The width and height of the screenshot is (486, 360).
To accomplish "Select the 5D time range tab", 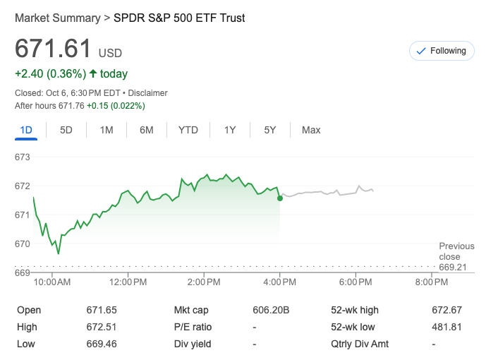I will point(66,130).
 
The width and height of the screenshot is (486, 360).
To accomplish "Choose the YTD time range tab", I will point(188,130).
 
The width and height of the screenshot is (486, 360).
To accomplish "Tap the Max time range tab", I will point(311,130).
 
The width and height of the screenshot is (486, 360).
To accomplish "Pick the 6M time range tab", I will point(147,130).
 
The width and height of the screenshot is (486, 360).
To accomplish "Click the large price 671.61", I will point(54,49).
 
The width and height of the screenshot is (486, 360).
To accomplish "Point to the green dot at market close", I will point(280,198).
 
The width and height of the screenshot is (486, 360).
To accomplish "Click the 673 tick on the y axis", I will point(23,157).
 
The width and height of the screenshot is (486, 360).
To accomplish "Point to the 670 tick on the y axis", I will point(23,244).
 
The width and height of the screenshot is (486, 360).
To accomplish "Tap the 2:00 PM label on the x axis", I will point(205,282).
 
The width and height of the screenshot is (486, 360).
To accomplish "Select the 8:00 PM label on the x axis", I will point(432,282).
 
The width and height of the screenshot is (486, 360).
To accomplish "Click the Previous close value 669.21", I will point(453,268).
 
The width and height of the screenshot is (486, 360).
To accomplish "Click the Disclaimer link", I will point(148,93).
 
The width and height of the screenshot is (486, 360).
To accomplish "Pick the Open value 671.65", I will point(101,310).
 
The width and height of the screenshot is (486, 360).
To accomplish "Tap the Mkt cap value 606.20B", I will point(271,310).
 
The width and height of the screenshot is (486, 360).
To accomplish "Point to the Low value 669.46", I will point(101,344).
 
